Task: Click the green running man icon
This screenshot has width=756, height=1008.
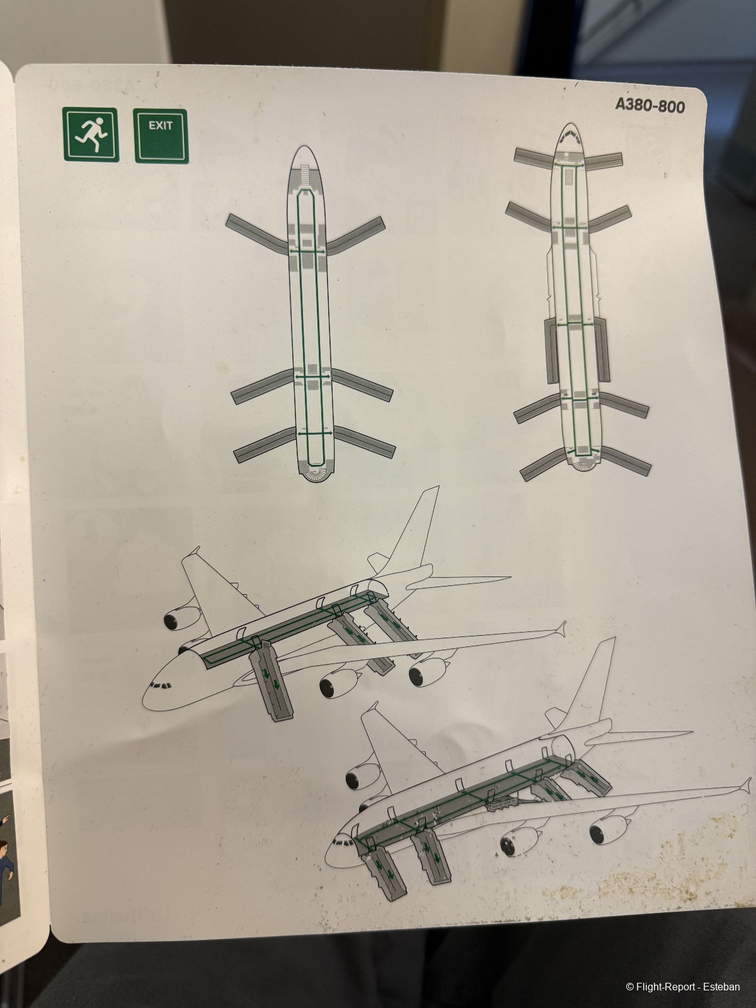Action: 91,134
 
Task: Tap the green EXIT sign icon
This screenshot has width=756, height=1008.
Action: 161,135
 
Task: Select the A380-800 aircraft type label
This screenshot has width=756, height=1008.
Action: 650,106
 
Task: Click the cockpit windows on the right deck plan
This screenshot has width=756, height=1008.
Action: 570,135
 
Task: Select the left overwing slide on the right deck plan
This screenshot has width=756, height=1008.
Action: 551,351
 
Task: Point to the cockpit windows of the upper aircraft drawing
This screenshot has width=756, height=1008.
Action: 161,686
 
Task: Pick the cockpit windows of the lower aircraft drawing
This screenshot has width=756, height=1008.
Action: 343,844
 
